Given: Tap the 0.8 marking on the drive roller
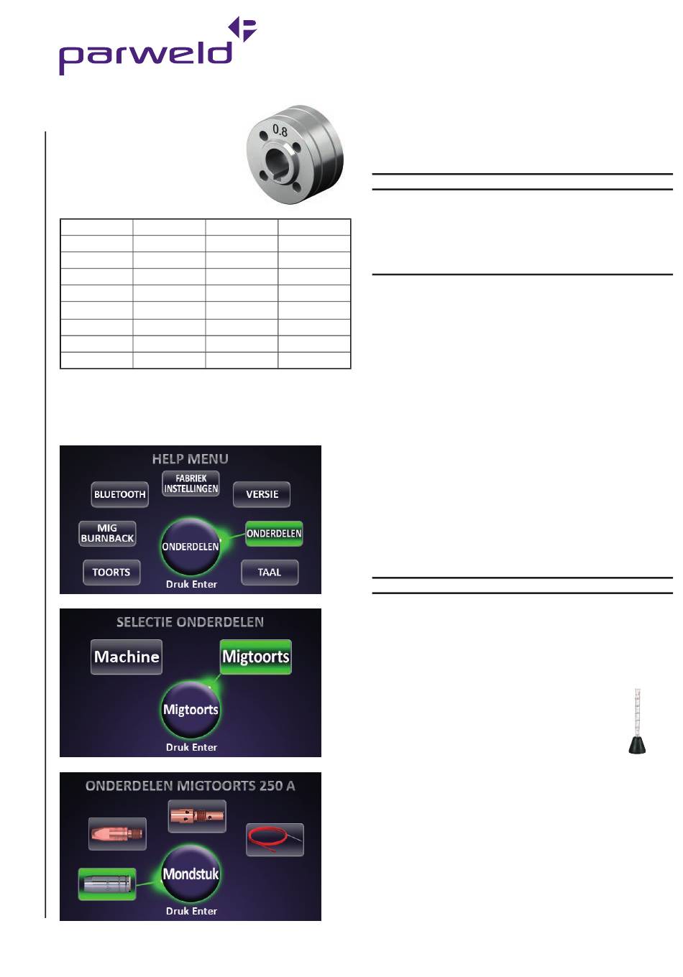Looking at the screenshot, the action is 280,131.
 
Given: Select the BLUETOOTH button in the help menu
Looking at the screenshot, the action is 119,494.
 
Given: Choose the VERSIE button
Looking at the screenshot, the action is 262,494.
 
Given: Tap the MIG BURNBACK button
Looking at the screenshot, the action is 107,533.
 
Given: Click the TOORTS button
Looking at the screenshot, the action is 111,573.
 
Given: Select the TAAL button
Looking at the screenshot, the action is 270,573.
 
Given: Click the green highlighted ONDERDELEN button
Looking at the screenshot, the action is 274,534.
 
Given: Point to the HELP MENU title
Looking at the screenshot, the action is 191,459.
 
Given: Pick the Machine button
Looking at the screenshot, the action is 127,657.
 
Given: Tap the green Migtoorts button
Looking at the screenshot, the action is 256,657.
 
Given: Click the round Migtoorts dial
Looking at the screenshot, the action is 191,710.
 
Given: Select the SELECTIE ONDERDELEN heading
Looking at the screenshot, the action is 191,622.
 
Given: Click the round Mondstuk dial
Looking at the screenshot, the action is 191,874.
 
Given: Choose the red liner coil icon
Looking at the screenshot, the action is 275,840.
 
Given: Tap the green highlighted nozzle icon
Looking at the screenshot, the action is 107,884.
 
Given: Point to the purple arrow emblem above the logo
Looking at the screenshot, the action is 243,29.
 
